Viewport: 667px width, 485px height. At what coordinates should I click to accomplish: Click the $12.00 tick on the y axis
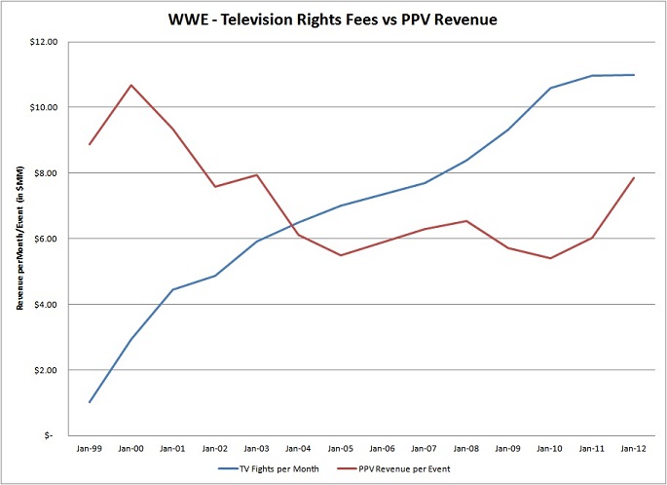[x=45, y=42]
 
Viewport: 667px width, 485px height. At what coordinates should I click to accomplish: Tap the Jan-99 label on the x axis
[x=90, y=451]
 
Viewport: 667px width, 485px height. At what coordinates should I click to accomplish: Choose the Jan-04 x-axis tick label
[x=299, y=451]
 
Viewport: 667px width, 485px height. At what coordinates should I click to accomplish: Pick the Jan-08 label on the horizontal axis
[x=466, y=451]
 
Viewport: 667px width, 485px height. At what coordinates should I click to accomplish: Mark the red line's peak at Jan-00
[x=131, y=86]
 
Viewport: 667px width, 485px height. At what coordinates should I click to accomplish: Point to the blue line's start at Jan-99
[x=90, y=402]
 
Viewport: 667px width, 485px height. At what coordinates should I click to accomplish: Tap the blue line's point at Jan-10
[x=550, y=89]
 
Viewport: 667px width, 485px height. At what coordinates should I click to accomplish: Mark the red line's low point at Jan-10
[x=550, y=258]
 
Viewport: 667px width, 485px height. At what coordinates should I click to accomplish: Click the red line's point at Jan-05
[x=341, y=255]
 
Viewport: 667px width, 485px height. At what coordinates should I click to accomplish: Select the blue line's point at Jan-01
[x=173, y=289]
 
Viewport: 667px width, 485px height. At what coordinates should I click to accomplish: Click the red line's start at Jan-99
[x=90, y=144]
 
